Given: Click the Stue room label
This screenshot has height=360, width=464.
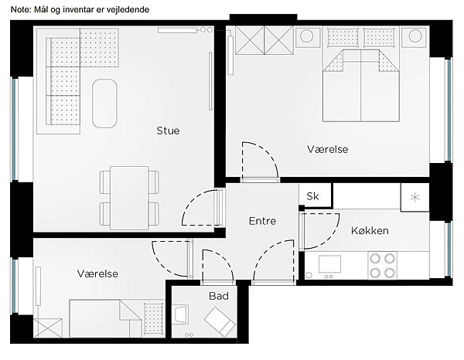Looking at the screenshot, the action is tap(168, 131).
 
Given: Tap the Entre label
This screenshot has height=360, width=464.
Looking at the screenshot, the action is tap(262, 221).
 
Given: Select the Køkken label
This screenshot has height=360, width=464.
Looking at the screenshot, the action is tap(370, 230).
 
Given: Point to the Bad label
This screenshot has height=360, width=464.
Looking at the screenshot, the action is tap(219, 296).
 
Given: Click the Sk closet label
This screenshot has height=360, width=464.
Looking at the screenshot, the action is tap(312, 196).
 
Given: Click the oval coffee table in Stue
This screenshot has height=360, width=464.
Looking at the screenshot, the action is tap(104, 104).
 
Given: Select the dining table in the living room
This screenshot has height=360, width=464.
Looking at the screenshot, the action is tap(129, 198).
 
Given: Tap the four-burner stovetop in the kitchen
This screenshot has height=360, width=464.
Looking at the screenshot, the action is tap(382, 266).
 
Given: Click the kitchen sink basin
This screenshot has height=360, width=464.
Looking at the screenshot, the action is tap(329, 264).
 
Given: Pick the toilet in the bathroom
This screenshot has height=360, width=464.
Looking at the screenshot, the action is tap(220, 321).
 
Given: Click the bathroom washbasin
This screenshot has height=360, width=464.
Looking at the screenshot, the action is tap(180, 314).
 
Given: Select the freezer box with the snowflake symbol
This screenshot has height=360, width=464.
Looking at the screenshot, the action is tap(415, 197).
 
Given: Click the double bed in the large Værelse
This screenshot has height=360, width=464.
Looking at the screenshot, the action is tap(361, 86).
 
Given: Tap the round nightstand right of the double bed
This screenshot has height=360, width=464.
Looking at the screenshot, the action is tap(415, 36).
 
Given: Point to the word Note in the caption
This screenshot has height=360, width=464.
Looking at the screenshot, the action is tap(20, 10).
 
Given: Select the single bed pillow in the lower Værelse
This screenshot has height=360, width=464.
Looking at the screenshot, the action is tap(154, 318).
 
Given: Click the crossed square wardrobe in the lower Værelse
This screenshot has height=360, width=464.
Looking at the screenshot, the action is tap(48, 328).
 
